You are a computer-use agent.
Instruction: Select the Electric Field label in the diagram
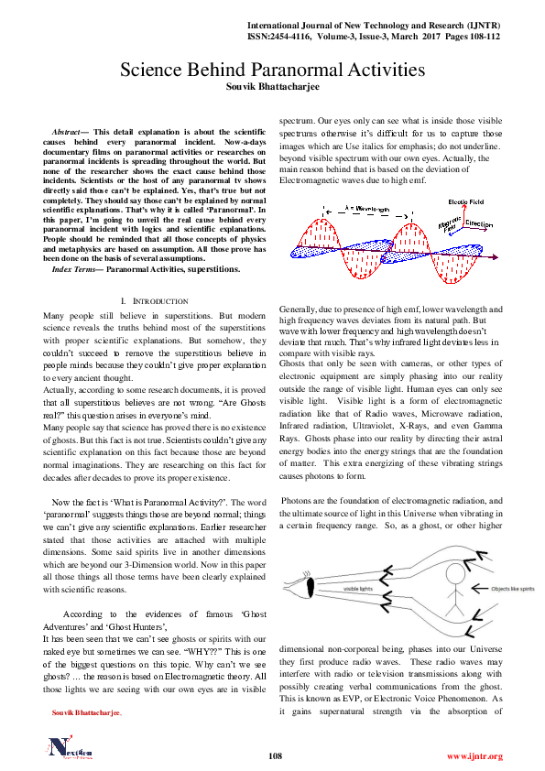(x=465, y=201)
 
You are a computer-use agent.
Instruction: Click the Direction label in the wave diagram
(x=478, y=223)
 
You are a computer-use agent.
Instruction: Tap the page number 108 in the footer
(x=274, y=755)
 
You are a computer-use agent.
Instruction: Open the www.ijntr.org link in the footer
(x=474, y=756)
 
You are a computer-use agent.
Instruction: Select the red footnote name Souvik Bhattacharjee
(x=85, y=711)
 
